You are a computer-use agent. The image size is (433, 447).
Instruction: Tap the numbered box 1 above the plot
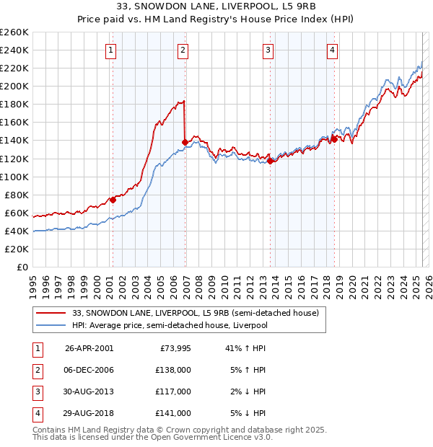coord(111,50)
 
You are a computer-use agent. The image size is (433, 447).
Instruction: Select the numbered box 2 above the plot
coord(183,50)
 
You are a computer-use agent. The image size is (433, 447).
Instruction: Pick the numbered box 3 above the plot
coord(268,50)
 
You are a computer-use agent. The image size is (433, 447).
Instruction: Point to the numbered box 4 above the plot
coord(332,50)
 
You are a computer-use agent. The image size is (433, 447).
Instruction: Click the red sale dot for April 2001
coord(113,200)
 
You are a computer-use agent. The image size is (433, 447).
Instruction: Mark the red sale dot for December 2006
coord(185,142)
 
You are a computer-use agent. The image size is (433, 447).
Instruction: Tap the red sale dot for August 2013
coord(271,161)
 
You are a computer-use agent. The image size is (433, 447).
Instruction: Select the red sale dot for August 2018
coord(334,139)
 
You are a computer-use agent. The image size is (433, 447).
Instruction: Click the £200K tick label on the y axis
coord(14,86)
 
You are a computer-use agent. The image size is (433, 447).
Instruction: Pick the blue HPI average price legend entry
coord(170,325)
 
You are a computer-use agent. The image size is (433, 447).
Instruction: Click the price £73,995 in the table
coord(173,348)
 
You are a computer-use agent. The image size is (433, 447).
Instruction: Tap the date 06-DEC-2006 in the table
coord(89,370)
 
